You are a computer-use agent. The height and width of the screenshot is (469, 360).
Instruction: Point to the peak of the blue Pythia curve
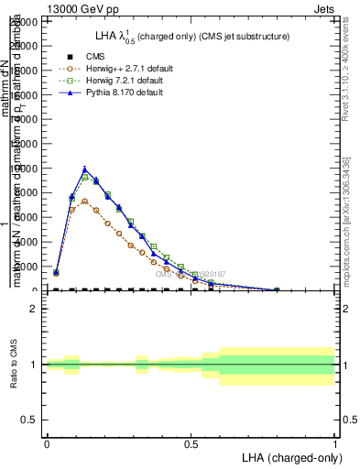click(84, 169)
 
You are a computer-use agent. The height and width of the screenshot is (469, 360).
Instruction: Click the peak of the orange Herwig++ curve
click(84, 201)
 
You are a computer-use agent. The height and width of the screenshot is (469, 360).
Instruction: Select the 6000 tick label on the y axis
click(29, 218)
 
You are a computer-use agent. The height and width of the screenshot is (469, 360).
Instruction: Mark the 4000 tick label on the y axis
click(29, 243)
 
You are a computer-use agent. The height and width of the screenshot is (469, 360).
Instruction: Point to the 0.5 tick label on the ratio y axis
click(31, 420)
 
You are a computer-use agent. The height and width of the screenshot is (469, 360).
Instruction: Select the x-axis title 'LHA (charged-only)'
click(289, 458)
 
